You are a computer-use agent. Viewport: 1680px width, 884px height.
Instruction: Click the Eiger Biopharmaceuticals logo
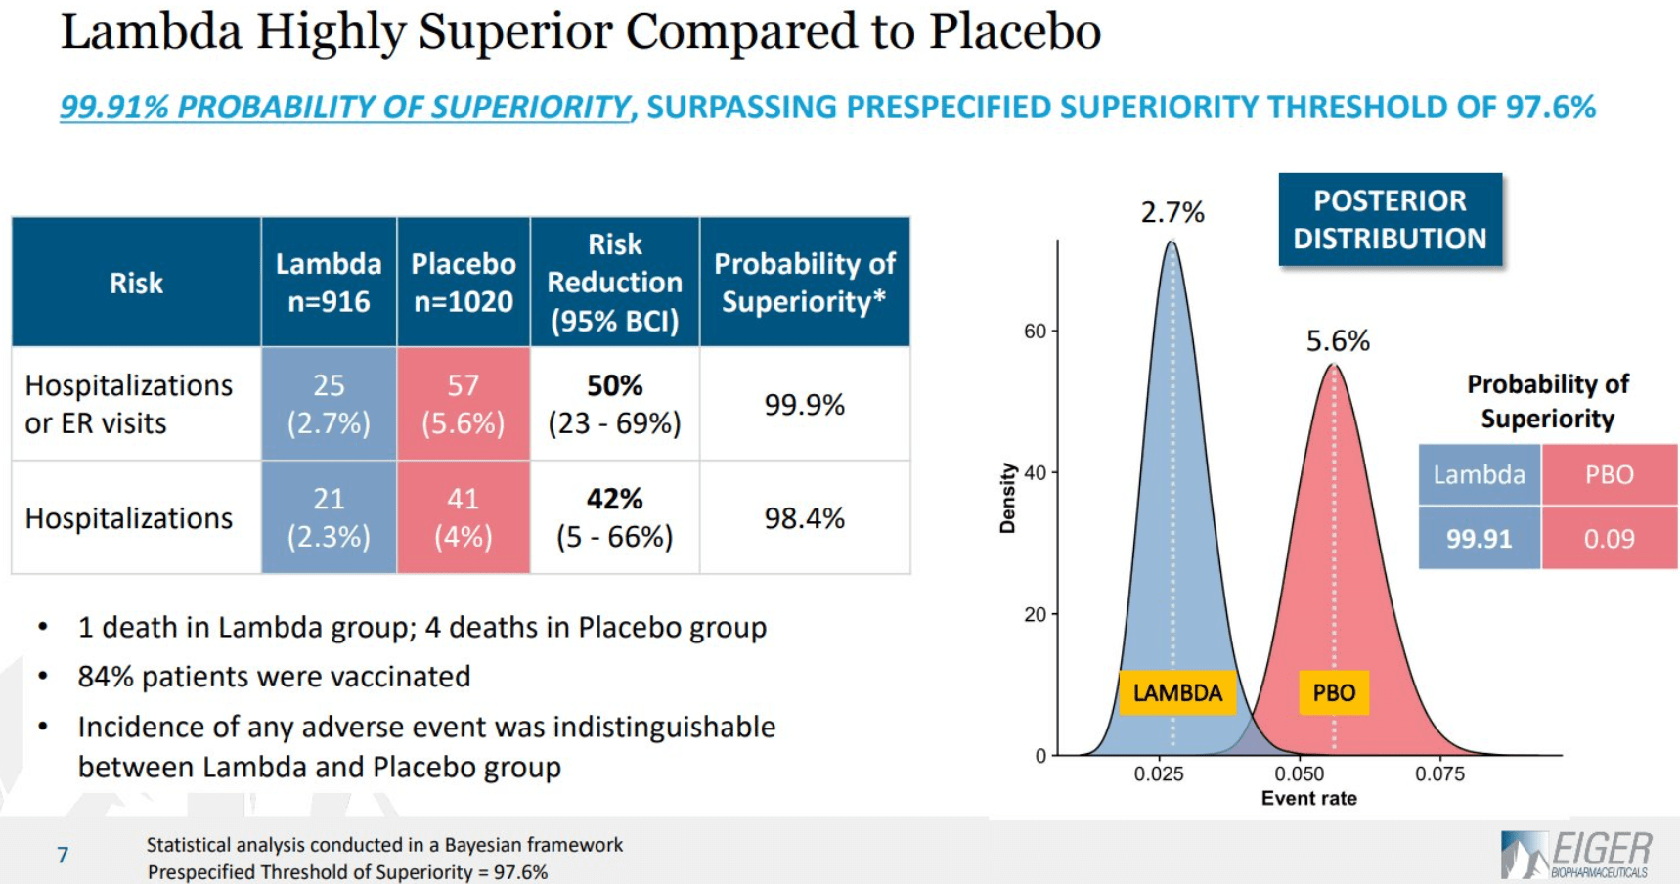click(1576, 854)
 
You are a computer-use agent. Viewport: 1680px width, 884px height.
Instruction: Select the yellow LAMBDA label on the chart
click(1177, 692)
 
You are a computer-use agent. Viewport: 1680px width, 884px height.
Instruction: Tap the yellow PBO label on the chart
click(1334, 692)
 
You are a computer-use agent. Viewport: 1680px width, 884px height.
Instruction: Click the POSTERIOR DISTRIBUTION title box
click(1390, 220)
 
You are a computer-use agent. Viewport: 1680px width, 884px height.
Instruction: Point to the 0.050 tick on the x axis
click(1299, 773)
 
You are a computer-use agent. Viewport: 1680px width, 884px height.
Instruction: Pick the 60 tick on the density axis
click(1035, 331)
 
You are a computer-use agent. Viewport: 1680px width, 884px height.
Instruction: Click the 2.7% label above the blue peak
click(1172, 212)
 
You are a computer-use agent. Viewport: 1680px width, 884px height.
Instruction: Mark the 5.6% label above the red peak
click(1338, 341)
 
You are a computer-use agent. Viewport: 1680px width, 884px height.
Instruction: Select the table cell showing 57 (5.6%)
click(463, 404)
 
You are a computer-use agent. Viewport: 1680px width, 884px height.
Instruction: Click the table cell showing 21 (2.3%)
click(329, 517)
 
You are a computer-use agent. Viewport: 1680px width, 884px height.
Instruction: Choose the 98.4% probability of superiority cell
click(804, 517)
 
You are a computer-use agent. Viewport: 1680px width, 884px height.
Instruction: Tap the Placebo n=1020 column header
click(463, 282)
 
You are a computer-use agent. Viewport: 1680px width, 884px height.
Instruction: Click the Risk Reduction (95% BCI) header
click(614, 282)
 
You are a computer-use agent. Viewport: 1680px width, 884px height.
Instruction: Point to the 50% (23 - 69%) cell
click(614, 404)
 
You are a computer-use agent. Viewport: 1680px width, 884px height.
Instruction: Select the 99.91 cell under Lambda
click(1479, 538)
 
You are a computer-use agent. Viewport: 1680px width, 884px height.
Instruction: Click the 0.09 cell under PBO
click(1609, 538)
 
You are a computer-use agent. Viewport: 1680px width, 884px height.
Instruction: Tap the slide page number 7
click(63, 856)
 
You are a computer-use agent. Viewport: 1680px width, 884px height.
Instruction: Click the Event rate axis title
click(1308, 798)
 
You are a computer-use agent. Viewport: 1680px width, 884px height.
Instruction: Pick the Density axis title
click(1007, 498)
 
